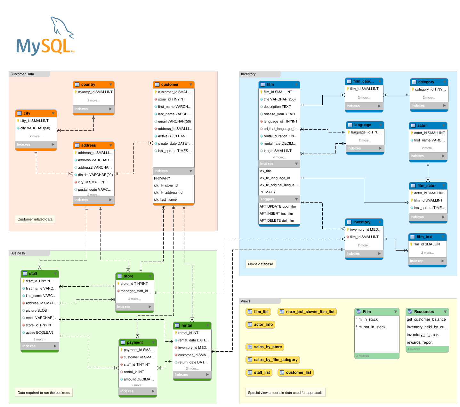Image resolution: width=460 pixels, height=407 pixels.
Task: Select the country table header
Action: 93,84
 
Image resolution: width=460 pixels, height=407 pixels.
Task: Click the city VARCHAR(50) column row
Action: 35,128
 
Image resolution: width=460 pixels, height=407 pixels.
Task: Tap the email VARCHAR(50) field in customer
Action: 174,121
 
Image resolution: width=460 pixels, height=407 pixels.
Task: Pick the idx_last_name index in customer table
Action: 165,199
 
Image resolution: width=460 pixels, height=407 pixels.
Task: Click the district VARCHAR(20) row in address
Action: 95,175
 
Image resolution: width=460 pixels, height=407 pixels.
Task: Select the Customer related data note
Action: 35,219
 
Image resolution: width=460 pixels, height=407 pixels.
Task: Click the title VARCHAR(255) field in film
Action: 279,99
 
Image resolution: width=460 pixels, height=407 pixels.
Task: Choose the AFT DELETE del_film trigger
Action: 277,220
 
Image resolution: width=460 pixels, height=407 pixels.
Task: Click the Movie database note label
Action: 260,264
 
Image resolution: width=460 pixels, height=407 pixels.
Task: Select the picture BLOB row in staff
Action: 36,310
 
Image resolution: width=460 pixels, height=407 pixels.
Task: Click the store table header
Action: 134,276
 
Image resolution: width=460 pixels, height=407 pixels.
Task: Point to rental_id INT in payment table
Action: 134,372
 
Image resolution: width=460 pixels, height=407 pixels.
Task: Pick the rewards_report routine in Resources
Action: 419,342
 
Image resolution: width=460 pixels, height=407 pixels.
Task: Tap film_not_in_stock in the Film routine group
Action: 370,327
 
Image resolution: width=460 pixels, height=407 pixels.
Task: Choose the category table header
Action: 429,82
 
